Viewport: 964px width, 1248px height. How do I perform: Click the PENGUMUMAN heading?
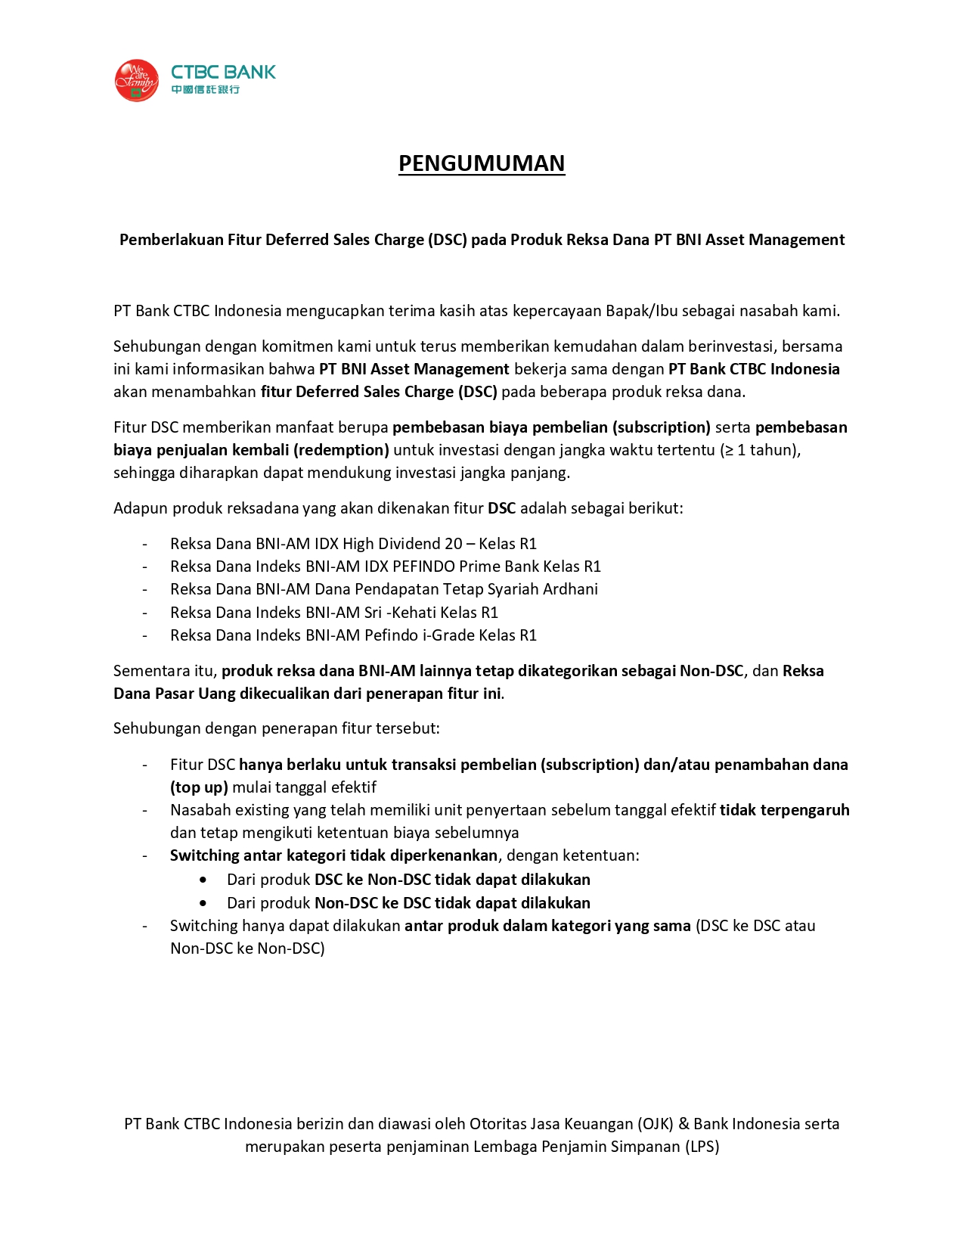click(482, 163)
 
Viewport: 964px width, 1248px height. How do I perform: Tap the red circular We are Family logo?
click(136, 81)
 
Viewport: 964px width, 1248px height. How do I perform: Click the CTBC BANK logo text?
click(223, 72)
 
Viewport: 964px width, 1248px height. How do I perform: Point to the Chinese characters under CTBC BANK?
click(205, 90)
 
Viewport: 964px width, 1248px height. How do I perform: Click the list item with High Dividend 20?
click(353, 544)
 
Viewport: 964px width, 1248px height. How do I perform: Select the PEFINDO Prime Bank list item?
click(385, 567)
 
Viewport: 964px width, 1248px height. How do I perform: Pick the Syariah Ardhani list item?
click(383, 589)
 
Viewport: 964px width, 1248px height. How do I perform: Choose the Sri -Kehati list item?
click(333, 613)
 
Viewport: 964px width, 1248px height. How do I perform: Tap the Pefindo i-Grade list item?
click(353, 635)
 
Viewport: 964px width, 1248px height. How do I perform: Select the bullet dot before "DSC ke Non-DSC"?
click(203, 880)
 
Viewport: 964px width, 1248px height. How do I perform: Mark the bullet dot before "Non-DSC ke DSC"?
click(203, 903)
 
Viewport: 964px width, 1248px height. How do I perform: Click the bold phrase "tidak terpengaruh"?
click(784, 810)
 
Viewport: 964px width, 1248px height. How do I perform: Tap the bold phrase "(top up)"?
click(199, 787)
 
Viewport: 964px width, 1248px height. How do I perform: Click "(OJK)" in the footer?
click(655, 1124)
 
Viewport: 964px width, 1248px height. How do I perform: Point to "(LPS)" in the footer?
click(702, 1147)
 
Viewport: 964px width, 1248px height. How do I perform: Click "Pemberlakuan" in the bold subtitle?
click(171, 240)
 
